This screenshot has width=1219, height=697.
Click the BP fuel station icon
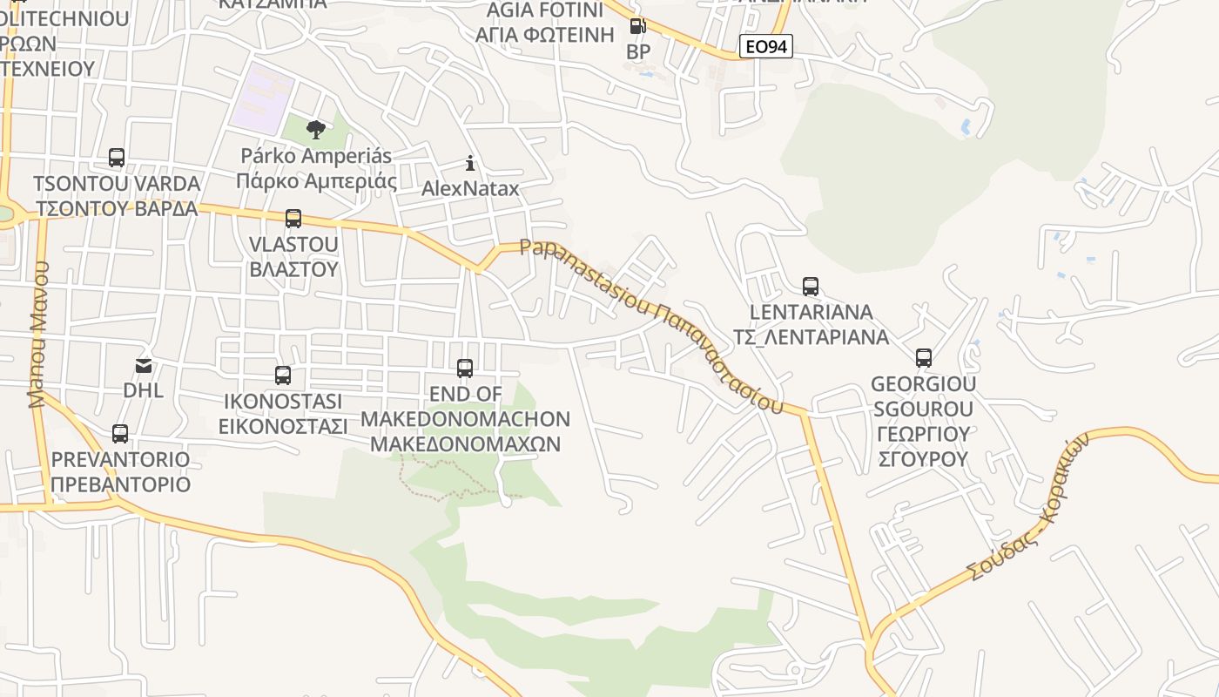click(x=638, y=26)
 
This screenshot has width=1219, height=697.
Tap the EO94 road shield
click(x=766, y=47)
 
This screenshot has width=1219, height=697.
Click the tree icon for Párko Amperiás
click(x=316, y=130)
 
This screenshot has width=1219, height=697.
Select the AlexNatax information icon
click(x=470, y=163)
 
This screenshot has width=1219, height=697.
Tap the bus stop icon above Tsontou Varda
click(x=117, y=158)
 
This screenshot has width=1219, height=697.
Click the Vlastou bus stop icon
click(x=293, y=218)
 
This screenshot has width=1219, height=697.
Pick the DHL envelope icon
click(x=143, y=365)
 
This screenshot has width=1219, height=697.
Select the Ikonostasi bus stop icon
click(x=283, y=376)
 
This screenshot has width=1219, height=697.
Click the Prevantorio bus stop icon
click(x=120, y=433)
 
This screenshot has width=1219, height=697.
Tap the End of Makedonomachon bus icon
click(x=465, y=369)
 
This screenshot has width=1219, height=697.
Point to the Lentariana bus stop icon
click(x=811, y=286)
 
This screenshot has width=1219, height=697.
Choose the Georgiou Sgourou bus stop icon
click(x=924, y=357)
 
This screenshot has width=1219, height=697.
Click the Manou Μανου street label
click(x=38, y=335)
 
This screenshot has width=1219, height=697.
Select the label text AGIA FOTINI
click(x=546, y=10)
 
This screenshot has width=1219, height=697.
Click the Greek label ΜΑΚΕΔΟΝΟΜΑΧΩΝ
click(x=465, y=444)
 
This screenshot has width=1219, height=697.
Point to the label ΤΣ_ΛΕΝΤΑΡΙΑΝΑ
click(x=811, y=337)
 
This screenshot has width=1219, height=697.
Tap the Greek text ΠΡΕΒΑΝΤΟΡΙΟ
click(x=120, y=484)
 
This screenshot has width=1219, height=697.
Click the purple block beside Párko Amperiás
click(x=262, y=98)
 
